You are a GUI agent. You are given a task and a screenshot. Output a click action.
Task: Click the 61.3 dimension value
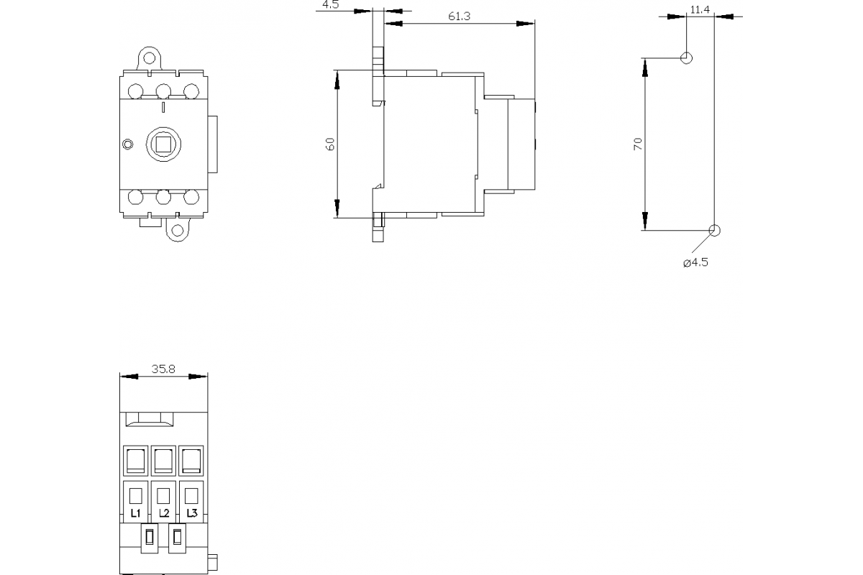pyautogui.click(x=458, y=17)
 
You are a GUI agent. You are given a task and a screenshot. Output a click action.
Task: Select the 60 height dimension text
pyautogui.click(x=330, y=144)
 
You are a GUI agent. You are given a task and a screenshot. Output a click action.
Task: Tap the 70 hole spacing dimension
pyautogui.click(x=638, y=144)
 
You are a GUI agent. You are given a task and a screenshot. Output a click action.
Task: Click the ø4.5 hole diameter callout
pyautogui.click(x=695, y=262)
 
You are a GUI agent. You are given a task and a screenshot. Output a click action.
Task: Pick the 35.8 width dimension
pyautogui.click(x=163, y=369)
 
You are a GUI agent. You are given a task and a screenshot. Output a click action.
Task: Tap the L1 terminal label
pyautogui.click(x=135, y=513)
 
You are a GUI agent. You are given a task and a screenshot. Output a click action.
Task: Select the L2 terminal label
pyautogui.click(x=163, y=513)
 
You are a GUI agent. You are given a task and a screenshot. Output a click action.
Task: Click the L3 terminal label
pyautogui.click(x=191, y=513)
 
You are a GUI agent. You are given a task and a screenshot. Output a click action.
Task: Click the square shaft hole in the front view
pyautogui.click(x=163, y=144)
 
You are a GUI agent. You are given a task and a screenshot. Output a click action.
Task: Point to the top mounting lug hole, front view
pyautogui.click(x=149, y=57)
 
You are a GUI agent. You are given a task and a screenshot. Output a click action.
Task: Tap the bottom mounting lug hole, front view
pyautogui.click(x=177, y=230)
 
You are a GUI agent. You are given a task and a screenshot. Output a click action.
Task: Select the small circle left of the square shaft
pyautogui.click(x=128, y=144)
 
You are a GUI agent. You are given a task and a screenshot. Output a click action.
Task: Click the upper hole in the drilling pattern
pyautogui.click(x=687, y=57)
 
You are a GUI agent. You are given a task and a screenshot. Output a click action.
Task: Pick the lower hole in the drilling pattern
pyautogui.click(x=714, y=230)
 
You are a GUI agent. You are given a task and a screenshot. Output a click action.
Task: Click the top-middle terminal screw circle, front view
pyautogui.click(x=163, y=91)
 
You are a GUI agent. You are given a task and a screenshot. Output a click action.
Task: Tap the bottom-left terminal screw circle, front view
pyautogui.click(x=135, y=197)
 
